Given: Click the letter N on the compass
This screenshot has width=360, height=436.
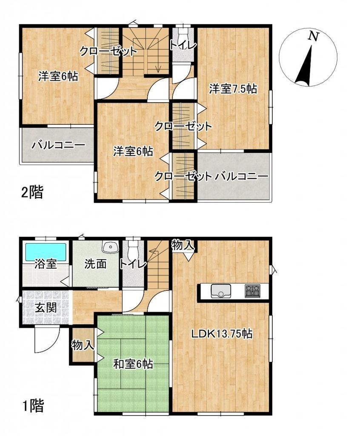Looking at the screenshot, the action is point(314,37).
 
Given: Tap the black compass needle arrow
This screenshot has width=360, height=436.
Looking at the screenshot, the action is point(305,66).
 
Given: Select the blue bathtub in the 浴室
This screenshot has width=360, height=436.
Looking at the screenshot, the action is point(46,251).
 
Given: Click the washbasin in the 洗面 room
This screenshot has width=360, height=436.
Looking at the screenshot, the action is point(110,247).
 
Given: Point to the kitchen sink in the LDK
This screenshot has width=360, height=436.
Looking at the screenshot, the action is point(221,290).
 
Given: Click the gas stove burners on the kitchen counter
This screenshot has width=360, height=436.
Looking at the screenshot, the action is point(252,291).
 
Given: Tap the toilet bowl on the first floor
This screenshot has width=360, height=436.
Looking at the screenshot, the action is point(133,249).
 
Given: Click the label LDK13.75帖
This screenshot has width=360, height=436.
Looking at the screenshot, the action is point(222,333).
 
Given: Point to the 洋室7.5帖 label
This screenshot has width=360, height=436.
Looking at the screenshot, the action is point(233,89).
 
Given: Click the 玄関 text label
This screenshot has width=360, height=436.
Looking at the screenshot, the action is point(46,308).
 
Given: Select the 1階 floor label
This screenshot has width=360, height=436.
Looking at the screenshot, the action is point(33,406).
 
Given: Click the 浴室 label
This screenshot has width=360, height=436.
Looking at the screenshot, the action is point(46,264).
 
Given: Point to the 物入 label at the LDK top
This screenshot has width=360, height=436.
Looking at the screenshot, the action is point(183,245).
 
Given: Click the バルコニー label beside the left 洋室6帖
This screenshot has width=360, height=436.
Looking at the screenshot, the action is point(58,146).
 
